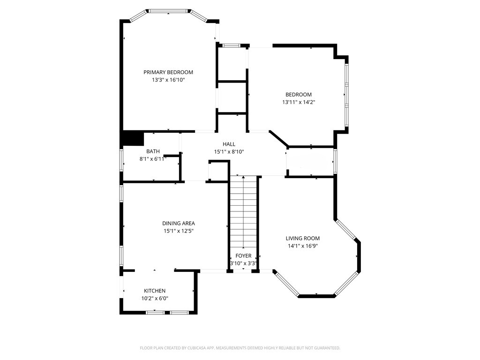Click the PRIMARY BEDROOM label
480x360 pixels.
pyautogui.click(x=168, y=72)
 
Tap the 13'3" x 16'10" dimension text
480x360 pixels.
pyautogui.click(x=168, y=80)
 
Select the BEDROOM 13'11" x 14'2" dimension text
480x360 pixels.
pyautogui.click(x=299, y=102)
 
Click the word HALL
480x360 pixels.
pyautogui.click(x=229, y=144)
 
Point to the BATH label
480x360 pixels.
pyautogui.click(x=153, y=151)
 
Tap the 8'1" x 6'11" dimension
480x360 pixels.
pyautogui.click(x=153, y=159)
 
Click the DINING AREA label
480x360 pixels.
pyautogui.click(x=179, y=224)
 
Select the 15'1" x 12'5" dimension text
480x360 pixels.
pyautogui.click(x=179, y=231)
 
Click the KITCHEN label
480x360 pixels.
pyautogui.click(x=155, y=291)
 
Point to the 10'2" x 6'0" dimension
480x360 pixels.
pyautogui.click(x=155, y=299)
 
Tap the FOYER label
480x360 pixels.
pyautogui.click(x=243, y=255)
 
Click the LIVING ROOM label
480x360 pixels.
pyautogui.click(x=302, y=238)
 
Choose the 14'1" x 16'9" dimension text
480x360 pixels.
pyautogui.click(x=302, y=246)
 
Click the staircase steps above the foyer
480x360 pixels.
pyautogui.click(x=243, y=213)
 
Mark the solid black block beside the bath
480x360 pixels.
pyautogui.click(x=133, y=138)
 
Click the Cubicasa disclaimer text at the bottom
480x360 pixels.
pyautogui.click(x=240, y=348)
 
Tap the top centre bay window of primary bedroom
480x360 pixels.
pyautogui.click(x=168, y=12)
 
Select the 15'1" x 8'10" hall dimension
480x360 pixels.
pyautogui.click(x=229, y=152)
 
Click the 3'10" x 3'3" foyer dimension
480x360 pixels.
pyautogui.click(x=243, y=263)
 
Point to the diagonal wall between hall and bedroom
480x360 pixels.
pyautogui.click(x=279, y=138)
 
